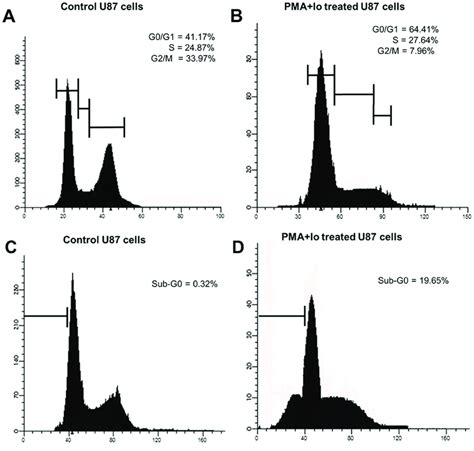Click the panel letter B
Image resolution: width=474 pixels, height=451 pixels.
coord(237,16)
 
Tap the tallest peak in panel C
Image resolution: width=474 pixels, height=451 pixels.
coord(72,276)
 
